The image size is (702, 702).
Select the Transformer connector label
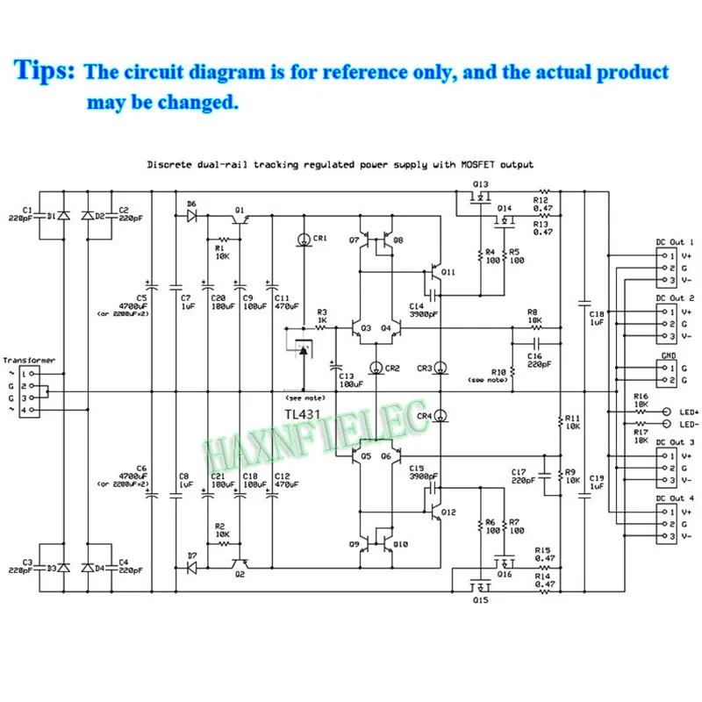coord(29,360)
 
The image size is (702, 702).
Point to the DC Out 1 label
coord(675,241)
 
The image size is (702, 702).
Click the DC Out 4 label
coord(675,498)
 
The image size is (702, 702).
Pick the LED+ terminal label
coord(687,412)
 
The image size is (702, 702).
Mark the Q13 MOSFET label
coord(480,184)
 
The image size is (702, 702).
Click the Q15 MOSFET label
coord(479,601)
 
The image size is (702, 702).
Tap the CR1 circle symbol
coord(303,238)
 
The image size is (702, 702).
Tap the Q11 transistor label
coord(448,272)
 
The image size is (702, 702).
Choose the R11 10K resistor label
coord(573,422)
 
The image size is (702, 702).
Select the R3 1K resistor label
coord(322,318)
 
